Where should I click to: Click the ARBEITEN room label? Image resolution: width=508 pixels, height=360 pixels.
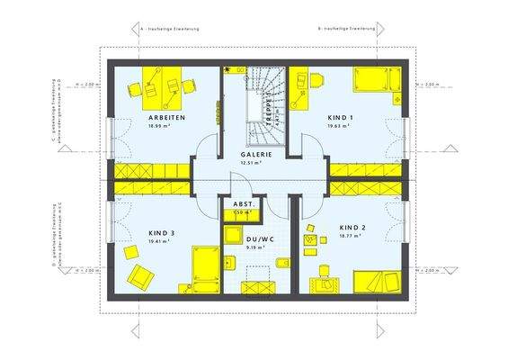click(166, 118)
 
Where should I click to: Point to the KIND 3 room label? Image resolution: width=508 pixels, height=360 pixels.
click(162, 232)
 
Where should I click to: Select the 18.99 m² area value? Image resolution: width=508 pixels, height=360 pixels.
click(166, 128)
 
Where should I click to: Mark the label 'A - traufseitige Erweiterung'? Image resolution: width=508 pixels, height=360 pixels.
click(172, 29)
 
